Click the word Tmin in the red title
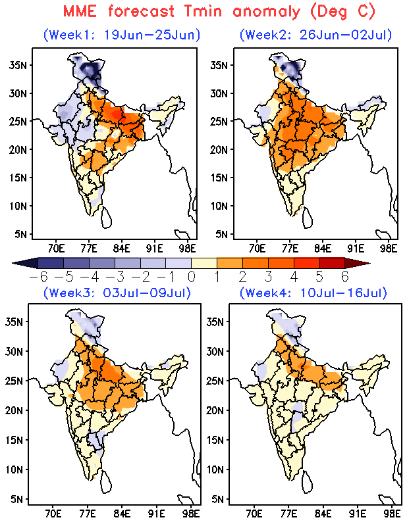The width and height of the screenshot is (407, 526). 203,11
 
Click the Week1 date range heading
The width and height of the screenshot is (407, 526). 122,35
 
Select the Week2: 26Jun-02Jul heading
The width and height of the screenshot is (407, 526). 315,35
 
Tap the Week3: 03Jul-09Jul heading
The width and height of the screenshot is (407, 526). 117,293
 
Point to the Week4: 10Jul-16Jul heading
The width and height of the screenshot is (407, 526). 313,293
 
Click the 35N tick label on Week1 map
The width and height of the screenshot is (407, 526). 18,64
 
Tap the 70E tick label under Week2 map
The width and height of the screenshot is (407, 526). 258,249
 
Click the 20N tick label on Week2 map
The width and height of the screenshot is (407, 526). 219,150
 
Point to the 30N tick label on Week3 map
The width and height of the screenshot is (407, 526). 14,351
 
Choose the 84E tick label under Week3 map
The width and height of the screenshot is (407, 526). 122,514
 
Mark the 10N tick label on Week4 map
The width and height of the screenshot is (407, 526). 215,469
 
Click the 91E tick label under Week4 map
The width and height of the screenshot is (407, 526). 357,514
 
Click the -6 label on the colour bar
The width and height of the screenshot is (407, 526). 38,277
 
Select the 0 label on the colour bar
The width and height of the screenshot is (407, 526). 191,277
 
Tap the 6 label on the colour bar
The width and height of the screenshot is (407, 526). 345,277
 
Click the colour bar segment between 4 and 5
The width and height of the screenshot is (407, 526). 306,263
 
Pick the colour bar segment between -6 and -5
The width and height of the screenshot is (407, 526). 51,263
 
